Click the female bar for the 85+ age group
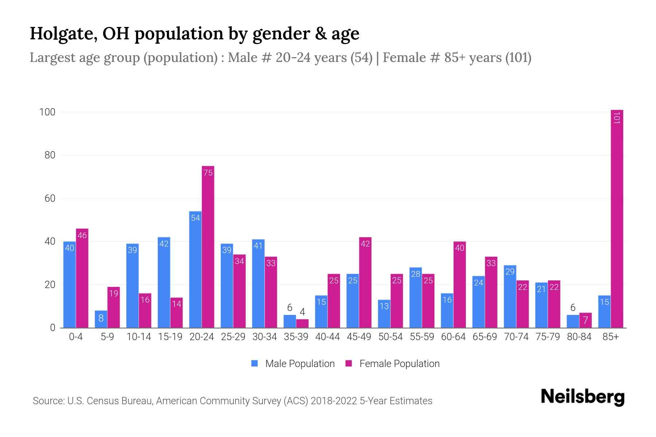617,219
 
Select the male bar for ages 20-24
195,269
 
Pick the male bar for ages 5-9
101,319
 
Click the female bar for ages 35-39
302,324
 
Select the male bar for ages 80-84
573,322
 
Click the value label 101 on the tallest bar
617,118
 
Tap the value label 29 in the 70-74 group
510,271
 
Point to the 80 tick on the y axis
50,155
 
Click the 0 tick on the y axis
52,328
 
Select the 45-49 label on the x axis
359,337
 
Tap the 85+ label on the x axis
610,337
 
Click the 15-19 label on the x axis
170,337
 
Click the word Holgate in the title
63,34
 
